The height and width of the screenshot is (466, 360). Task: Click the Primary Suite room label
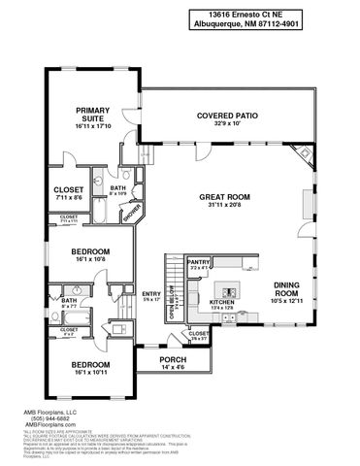(x=93, y=116)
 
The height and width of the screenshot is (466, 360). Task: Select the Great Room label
(x=226, y=198)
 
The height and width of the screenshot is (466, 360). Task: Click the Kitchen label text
(x=223, y=304)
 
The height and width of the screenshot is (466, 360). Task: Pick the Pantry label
(x=199, y=262)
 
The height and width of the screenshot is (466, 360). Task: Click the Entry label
(x=150, y=294)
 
